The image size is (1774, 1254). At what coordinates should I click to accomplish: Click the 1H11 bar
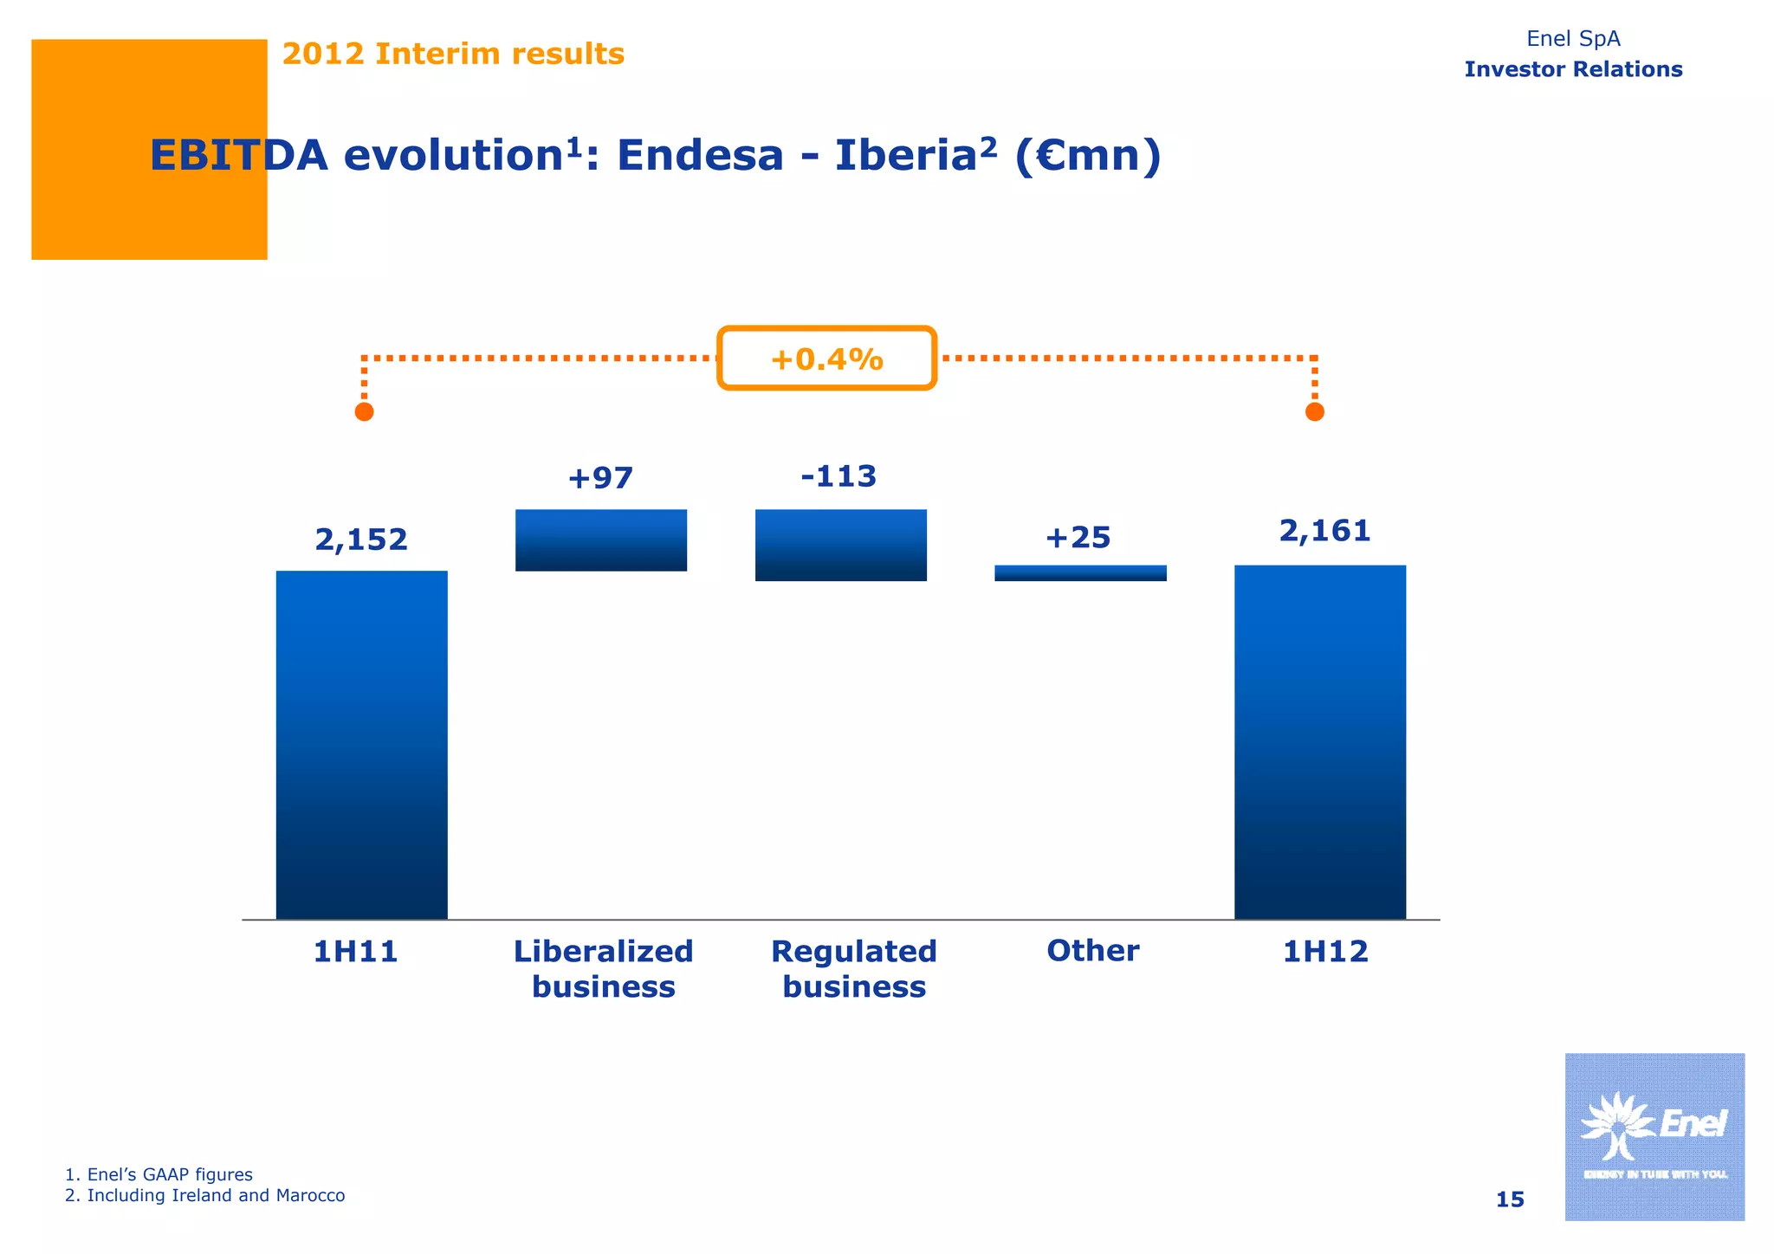pos(361,745)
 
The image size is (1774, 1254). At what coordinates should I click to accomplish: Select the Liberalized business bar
pos(601,540)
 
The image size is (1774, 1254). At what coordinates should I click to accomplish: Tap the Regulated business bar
pos(841,545)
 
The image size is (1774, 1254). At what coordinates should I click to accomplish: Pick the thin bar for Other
pos(1080,573)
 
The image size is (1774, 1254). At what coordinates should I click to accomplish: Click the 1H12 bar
pos(1319,742)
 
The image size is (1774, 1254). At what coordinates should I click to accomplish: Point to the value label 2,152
pos(361,540)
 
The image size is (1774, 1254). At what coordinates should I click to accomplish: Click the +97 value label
pos(600,477)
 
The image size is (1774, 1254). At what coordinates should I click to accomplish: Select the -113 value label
pos(838,476)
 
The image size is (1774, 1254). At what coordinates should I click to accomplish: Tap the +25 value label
pos(1078,538)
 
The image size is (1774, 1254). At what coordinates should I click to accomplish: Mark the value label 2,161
pos(1324,531)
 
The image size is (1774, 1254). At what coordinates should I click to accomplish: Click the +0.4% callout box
pos(826,359)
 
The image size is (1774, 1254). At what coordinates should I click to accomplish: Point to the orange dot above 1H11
pos(365,412)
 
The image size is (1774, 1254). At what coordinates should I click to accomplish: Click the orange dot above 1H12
pos(1314,412)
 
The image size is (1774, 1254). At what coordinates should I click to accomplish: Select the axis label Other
pos(1092,951)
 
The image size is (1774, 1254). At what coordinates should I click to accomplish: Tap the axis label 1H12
pos(1324,952)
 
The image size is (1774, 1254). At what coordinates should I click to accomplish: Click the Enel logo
pos(1654,1135)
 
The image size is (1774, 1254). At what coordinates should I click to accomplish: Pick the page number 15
pos(1509,1199)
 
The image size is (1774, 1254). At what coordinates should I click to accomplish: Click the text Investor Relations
pos(1573,69)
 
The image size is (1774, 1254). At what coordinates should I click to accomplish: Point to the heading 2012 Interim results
pos(453,54)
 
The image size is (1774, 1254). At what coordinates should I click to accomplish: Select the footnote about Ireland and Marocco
pos(205,1196)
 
